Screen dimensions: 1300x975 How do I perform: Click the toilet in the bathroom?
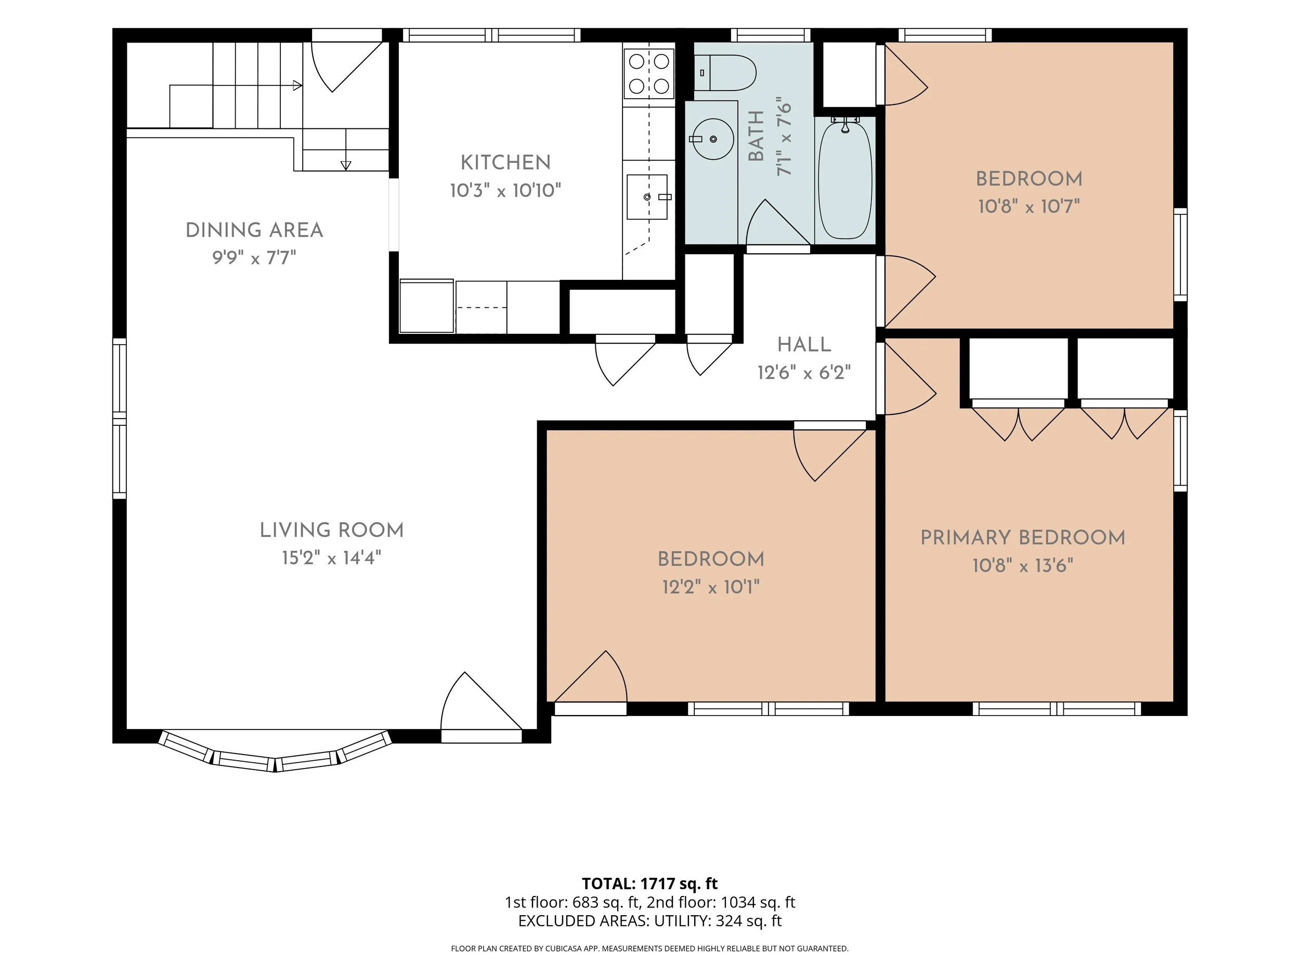click(x=725, y=73)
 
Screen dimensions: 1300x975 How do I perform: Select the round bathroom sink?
click(x=713, y=139)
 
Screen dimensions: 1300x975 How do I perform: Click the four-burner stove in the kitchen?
click(x=649, y=73)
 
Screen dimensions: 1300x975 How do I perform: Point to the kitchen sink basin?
click(x=647, y=197)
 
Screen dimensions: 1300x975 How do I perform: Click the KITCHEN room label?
click(x=505, y=162)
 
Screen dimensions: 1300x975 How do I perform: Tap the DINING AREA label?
click(x=254, y=230)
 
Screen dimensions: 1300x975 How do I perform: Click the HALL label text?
click(x=804, y=344)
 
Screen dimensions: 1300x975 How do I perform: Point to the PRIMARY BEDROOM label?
click(x=1023, y=537)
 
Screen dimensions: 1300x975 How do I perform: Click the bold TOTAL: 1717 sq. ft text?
click(x=649, y=883)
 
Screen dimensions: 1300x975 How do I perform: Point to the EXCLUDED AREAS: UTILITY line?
click(x=649, y=920)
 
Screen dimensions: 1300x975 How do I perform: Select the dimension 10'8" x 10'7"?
click(x=1029, y=206)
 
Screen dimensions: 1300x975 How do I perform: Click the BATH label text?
click(x=757, y=136)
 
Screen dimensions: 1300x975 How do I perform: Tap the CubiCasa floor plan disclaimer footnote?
click(x=649, y=948)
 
